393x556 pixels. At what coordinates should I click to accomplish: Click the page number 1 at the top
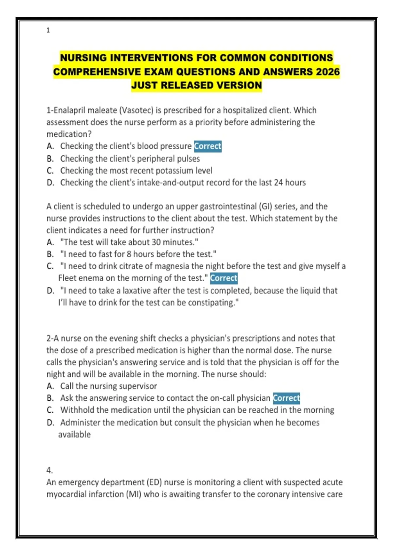[x=48, y=30]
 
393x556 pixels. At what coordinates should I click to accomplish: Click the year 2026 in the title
[x=328, y=72]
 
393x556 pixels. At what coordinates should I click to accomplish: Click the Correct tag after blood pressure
[x=208, y=146]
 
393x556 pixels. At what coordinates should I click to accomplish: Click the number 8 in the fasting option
[x=129, y=254]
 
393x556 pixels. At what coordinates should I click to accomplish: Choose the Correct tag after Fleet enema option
[x=224, y=278]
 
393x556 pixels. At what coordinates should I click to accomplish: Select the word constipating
[x=213, y=303]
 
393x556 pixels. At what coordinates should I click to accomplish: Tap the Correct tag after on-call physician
[x=287, y=398]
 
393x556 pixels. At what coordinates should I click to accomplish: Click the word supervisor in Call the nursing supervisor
[x=138, y=386]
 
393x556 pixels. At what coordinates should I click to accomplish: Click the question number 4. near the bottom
[x=49, y=470]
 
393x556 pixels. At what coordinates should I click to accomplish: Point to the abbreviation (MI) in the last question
[x=134, y=494]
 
